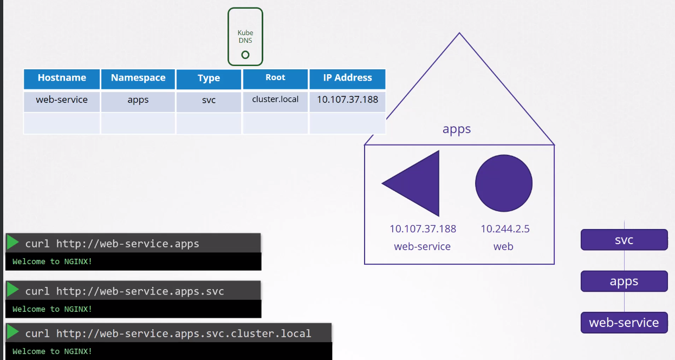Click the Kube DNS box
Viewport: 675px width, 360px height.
pyautogui.click(x=245, y=36)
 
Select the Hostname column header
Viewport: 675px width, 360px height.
pyautogui.click(x=62, y=78)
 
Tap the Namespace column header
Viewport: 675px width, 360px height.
pyautogui.click(x=138, y=78)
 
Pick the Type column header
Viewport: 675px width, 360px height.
pyautogui.click(x=209, y=78)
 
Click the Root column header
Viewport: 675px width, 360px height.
pyautogui.click(x=275, y=78)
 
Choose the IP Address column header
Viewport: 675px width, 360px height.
pyautogui.click(x=347, y=78)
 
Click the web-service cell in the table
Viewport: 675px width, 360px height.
pyautogui.click(x=62, y=100)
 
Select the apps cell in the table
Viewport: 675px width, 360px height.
pyautogui.click(x=138, y=100)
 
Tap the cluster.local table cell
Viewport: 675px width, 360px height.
pyautogui.click(x=275, y=100)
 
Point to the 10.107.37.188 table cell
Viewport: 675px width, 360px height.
pyautogui.click(x=347, y=100)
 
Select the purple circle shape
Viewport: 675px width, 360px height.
pyautogui.click(x=504, y=183)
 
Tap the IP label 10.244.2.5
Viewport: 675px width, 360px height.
pyautogui.click(x=505, y=229)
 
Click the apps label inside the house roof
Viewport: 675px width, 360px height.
pyautogui.click(x=457, y=129)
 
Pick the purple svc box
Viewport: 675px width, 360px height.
pyautogui.click(x=624, y=240)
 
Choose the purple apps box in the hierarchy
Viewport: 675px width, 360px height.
pyautogui.click(x=624, y=282)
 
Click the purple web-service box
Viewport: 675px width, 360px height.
pyautogui.click(x=624, y=323)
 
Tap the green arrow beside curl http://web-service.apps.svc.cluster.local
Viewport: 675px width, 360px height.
pyautogui.click(x=13, y=332)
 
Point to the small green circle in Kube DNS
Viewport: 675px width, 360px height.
pyautogui.click(x=245, y=55)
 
